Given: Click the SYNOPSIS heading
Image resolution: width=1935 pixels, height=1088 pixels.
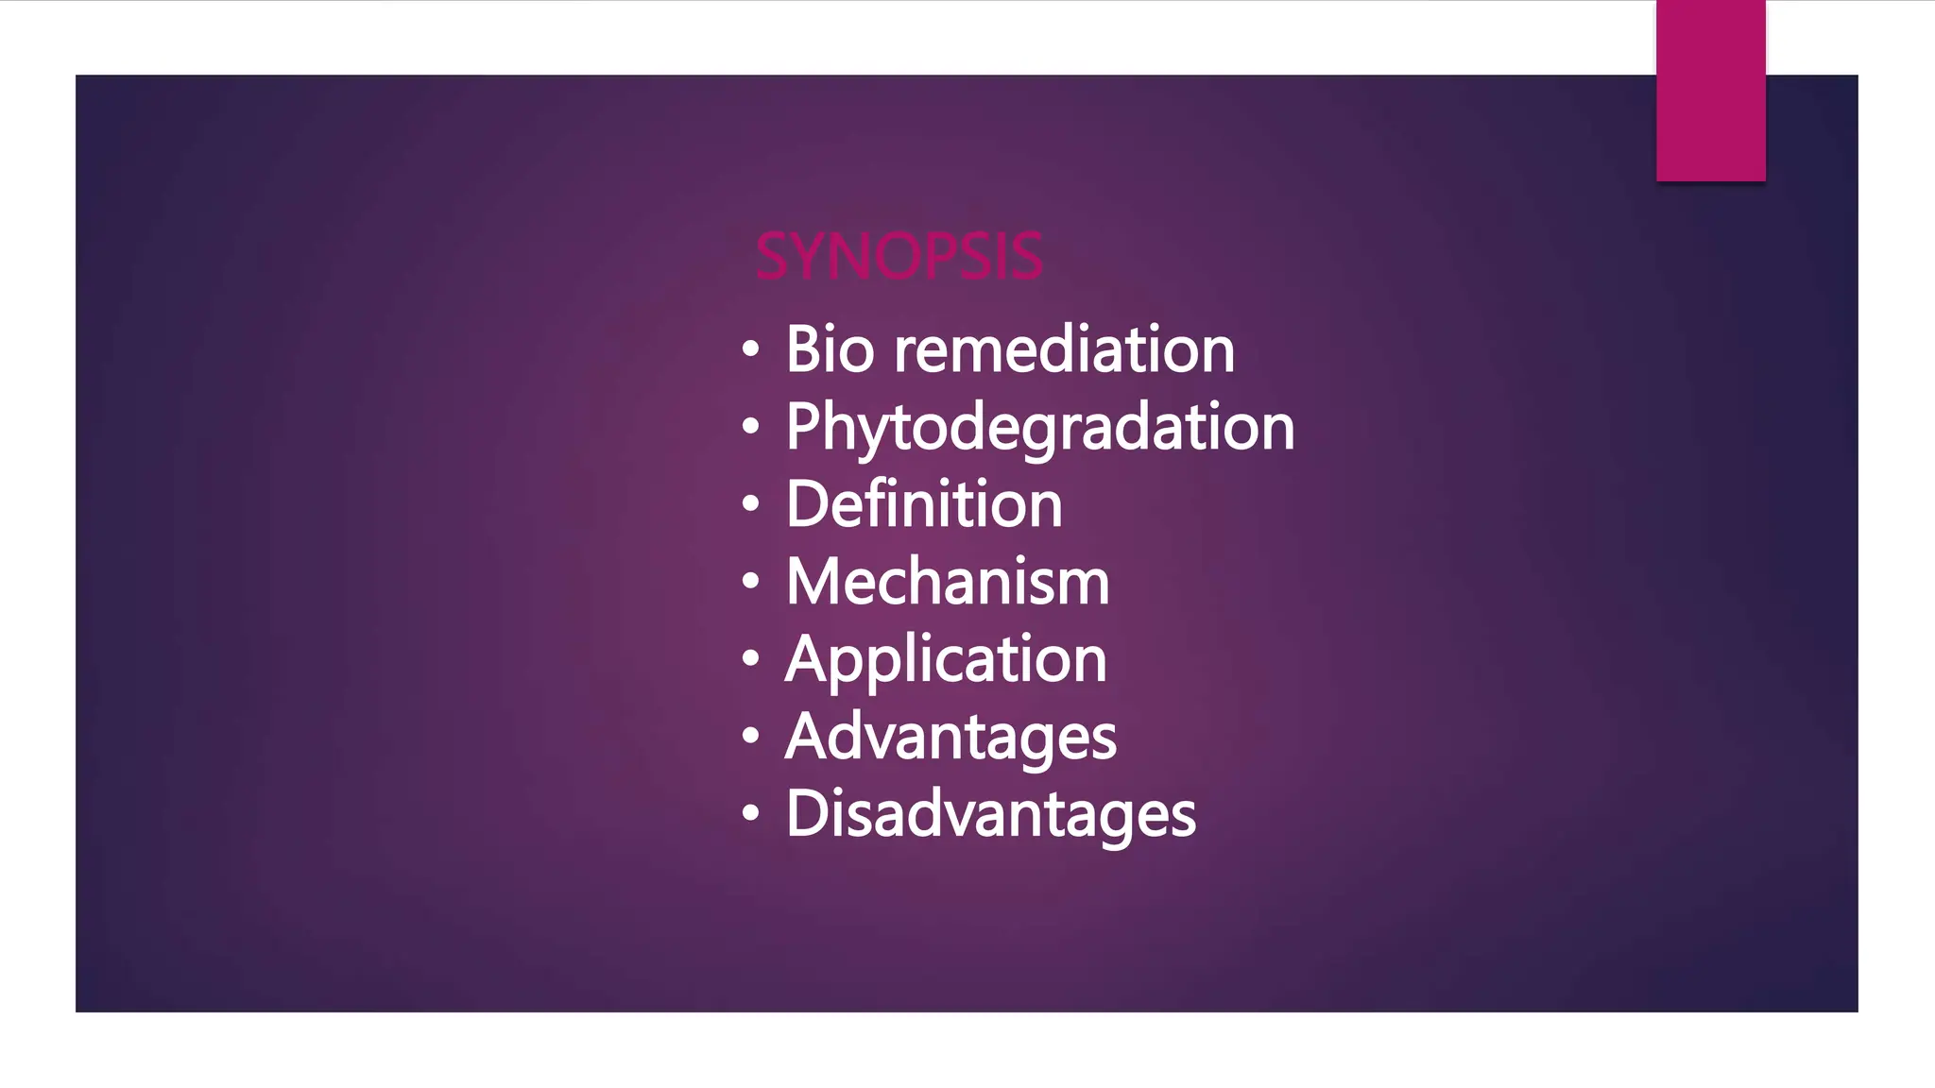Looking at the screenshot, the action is pos(899,257).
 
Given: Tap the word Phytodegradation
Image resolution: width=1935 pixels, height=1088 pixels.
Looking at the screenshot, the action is pos(1039,428).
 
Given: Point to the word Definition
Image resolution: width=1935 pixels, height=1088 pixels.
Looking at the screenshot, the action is pos(923,504).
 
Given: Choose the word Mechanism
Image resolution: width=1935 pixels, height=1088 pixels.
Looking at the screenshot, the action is pos(947,582).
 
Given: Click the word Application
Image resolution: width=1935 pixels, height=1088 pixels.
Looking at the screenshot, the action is pos(945,659).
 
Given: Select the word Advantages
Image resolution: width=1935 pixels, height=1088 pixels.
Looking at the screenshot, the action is pos(950,737).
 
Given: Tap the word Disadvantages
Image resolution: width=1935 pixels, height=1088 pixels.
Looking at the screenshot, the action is pos(990,814).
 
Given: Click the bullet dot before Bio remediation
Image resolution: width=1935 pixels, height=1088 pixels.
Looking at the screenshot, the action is pos(750,349).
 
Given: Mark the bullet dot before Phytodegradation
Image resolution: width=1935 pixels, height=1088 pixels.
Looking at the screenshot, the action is pos(750,427).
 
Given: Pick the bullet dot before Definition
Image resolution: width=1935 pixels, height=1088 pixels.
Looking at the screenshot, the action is pos(750,504).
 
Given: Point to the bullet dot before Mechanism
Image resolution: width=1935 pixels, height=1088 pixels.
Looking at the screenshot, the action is pos(750,582).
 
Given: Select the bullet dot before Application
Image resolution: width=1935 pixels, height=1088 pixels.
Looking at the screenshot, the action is pos(750,659).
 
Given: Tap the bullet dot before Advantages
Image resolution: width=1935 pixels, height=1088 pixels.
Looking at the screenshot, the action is pos(750,736).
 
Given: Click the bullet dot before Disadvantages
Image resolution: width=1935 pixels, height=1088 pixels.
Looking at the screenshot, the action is pos(750,813).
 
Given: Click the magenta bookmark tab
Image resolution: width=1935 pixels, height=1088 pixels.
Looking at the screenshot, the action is pos(1710,91).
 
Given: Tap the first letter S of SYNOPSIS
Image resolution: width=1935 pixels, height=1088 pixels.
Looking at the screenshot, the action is pos(772,257).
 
